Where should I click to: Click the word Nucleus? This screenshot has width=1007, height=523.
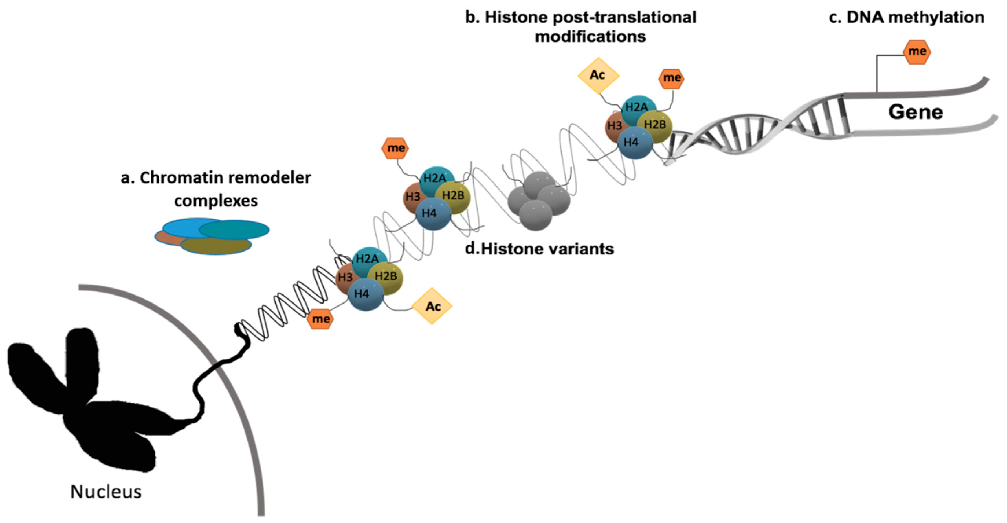pos(106,492)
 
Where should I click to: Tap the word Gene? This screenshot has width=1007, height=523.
pos(916,112)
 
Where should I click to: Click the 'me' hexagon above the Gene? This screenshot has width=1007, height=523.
pos(917,52)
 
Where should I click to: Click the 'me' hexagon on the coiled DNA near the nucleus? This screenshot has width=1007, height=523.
pos(320,319)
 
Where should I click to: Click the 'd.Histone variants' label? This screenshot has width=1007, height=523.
pos(540,249)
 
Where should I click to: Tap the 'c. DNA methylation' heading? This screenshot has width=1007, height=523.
pos(906,18)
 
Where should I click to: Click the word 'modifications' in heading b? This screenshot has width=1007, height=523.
pos(590,37)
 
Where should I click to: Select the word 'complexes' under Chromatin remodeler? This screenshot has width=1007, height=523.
pos(216,201)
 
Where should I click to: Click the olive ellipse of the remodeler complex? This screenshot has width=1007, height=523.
pos(216,246)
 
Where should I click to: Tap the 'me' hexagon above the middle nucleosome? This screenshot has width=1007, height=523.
pos(395,148)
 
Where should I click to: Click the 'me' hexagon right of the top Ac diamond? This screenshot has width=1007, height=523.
pos(671,78)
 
